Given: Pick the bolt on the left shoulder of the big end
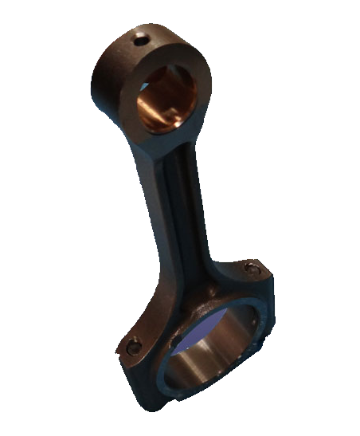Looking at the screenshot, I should tap(133, 345).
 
